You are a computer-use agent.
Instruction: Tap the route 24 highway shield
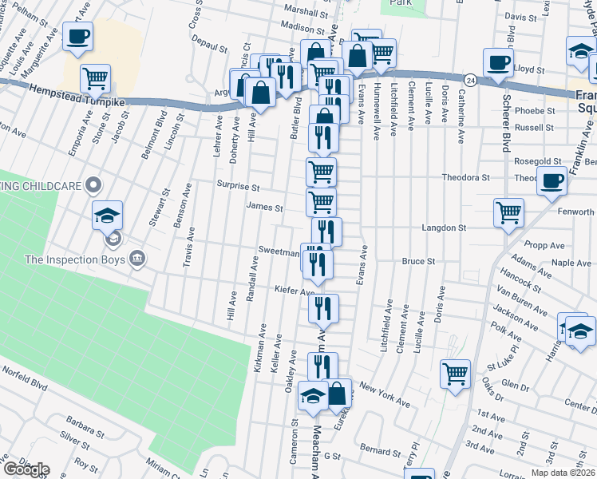[472, 81]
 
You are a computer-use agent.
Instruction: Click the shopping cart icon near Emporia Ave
[95, 77]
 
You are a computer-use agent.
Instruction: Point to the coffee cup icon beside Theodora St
[552, 180]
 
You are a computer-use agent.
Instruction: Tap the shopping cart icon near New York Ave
[455, 373]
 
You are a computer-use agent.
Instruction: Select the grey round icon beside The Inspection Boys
[136, 258]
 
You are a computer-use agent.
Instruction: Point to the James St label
[265, 208]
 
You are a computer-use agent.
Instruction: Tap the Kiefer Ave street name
[295, 290]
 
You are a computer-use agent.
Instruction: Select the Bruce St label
[418, 261]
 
